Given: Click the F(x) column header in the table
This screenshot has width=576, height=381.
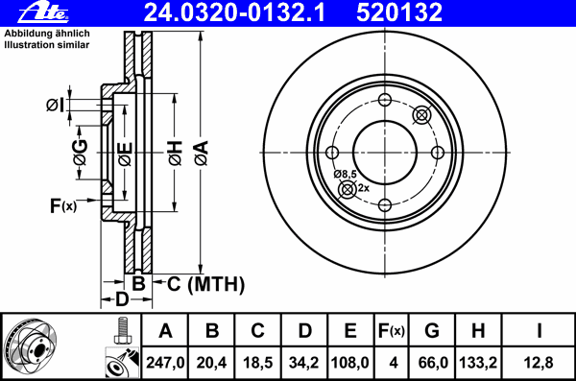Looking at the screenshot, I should point(391,331).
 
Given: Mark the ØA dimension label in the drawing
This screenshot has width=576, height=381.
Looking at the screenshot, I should point(201,152).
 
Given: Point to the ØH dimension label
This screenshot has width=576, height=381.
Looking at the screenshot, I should point(175,152).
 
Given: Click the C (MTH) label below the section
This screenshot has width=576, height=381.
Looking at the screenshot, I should point(205,284).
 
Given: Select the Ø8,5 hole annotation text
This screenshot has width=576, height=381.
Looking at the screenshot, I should point(346,174).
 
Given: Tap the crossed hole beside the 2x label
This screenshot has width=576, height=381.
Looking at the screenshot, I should point(347,189).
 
